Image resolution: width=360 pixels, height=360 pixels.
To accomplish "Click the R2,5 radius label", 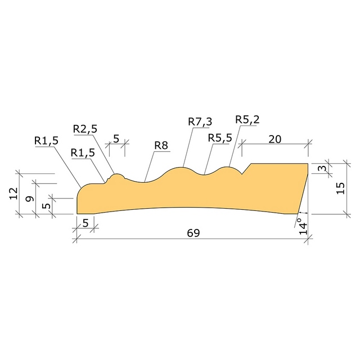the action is (85, 129).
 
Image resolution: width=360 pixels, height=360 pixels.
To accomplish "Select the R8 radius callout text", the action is (161, 146).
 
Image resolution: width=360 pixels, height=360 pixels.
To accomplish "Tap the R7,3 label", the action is (200, 122).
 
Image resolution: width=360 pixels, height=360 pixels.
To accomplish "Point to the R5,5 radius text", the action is (220, 138).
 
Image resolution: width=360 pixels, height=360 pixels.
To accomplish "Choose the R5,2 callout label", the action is (247, 120).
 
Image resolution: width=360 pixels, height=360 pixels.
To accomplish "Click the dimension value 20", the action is (274, 139).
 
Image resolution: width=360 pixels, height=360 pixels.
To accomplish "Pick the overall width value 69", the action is (193, 233).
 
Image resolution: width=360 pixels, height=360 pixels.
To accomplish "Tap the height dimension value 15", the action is (340, 188).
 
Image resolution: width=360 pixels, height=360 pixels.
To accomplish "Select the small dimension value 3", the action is (323, 168).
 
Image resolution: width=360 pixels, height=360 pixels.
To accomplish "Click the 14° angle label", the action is (303, 226).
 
